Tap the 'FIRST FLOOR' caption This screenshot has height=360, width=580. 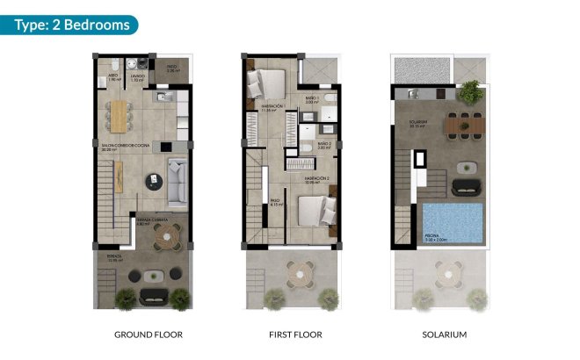pyautogui.click(x=295, y=335)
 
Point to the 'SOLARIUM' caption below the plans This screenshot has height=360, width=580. pyautogui.click(x=443, y=335)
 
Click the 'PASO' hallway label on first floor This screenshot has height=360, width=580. pyautogui.click(x=274, y=201)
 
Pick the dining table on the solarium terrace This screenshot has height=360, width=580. pyautogui.click(x=464, y=126)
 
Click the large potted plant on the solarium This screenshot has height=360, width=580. pyautogui.click(x=472, y=90)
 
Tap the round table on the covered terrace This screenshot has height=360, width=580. pyautogui.click(x=165, y=235)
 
